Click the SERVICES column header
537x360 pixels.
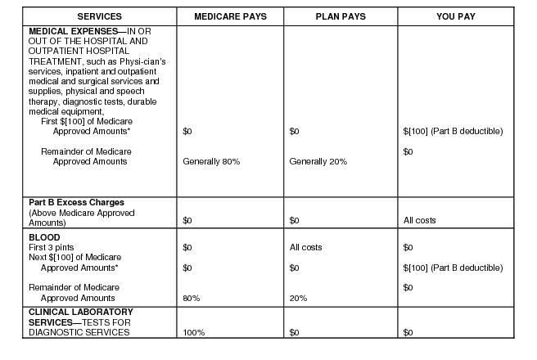click(x=99, y=16)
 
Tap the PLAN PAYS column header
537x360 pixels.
click(x=340, y=16)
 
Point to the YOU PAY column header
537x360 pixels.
click(x=456, y=16)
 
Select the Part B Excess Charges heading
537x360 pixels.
click(x=76, y=202)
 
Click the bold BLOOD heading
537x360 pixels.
click(x=43, y=237)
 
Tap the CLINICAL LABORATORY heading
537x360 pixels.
click(x=81, y=312)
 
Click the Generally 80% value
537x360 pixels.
click(x=211, y=161)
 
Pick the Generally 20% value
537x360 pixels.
click(x=318, y=161)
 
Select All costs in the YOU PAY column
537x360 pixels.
click(x=420, y=220)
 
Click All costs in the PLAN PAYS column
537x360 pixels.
click(x=306, y=247)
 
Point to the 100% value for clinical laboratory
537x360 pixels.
click(x=194, y=332)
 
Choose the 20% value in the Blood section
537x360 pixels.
click(x=298, y=298)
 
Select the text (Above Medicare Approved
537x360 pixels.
click(x=82, y=213)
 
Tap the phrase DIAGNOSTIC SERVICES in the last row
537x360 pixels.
click(x=79, y=332)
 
